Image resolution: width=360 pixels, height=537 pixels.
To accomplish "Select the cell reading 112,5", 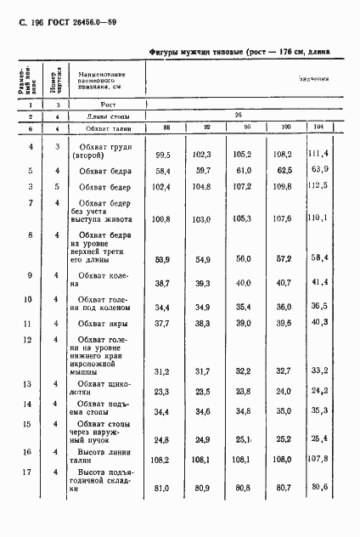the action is point(341,185).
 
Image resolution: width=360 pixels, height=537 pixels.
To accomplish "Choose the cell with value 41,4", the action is point(342,280).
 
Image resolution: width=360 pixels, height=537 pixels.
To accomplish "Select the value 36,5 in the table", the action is point(342,305).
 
